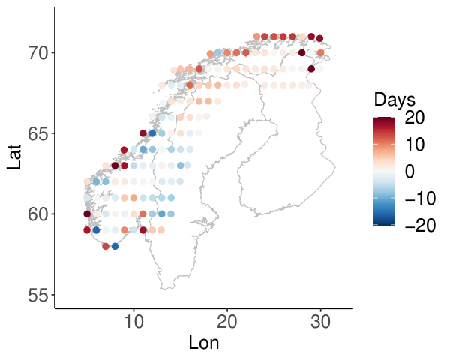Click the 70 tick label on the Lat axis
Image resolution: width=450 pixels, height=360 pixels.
tap(38, 53)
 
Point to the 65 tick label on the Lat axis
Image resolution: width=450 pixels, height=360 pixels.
tap(38, 133)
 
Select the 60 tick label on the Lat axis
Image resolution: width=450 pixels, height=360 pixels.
tap(38, 214)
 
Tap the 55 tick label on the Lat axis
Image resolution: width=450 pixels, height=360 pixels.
tap(38, 295)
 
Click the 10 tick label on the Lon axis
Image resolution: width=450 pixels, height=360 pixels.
tap(133, 322)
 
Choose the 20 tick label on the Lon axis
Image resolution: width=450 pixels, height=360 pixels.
tap(227, 322)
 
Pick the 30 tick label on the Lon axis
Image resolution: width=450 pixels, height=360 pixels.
tap(321, 322)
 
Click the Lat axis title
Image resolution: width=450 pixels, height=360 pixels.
tap(14, 157)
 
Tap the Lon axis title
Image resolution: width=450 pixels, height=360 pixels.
tap(204, 343)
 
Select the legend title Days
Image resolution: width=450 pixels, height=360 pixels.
tap(394, 100)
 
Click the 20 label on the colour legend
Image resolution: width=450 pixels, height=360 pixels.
tap(415, 118)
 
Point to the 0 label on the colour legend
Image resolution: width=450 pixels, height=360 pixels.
tap(409, 172)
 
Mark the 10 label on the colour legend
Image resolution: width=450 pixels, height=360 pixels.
tap(415, 145)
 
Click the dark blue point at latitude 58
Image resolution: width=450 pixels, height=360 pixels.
tap(115, 246)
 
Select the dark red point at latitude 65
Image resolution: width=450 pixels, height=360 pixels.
tap(143, 133)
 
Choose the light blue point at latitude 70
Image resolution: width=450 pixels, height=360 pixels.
tap(218, 53)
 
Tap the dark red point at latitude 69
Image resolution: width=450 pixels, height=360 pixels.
tap(311, 69)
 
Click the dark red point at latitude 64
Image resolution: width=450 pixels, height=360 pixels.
tap(124, 150)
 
